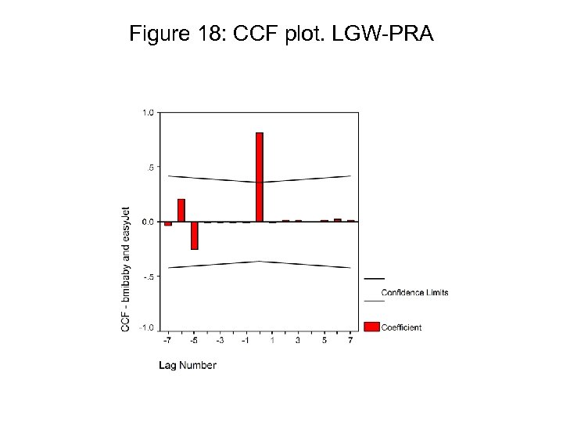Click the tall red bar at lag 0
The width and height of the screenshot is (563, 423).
pos(260,177)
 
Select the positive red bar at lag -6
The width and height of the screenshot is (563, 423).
pos(181,210)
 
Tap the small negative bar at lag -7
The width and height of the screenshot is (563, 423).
pos(168,223)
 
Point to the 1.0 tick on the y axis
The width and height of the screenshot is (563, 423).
pos(148,112)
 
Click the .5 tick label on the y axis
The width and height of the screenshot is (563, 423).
pos(150,167)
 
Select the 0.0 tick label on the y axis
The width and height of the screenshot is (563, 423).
pos(148,222)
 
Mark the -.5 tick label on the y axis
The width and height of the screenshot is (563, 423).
pos(148,276)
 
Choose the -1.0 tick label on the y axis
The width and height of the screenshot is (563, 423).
pos(147,327)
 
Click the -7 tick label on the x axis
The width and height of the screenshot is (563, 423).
pos(167,341)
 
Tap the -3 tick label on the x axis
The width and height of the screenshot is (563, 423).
pos(220,341)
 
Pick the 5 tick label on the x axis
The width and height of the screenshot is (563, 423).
pos(325,341)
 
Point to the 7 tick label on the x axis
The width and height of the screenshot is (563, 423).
pos(350,341)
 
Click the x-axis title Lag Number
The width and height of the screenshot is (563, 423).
pos(188,365)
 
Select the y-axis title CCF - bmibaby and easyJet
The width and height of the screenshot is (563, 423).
pos(126,269)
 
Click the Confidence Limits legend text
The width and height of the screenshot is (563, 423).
pos(414,293)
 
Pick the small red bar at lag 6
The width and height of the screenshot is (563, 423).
pos(338,220)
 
